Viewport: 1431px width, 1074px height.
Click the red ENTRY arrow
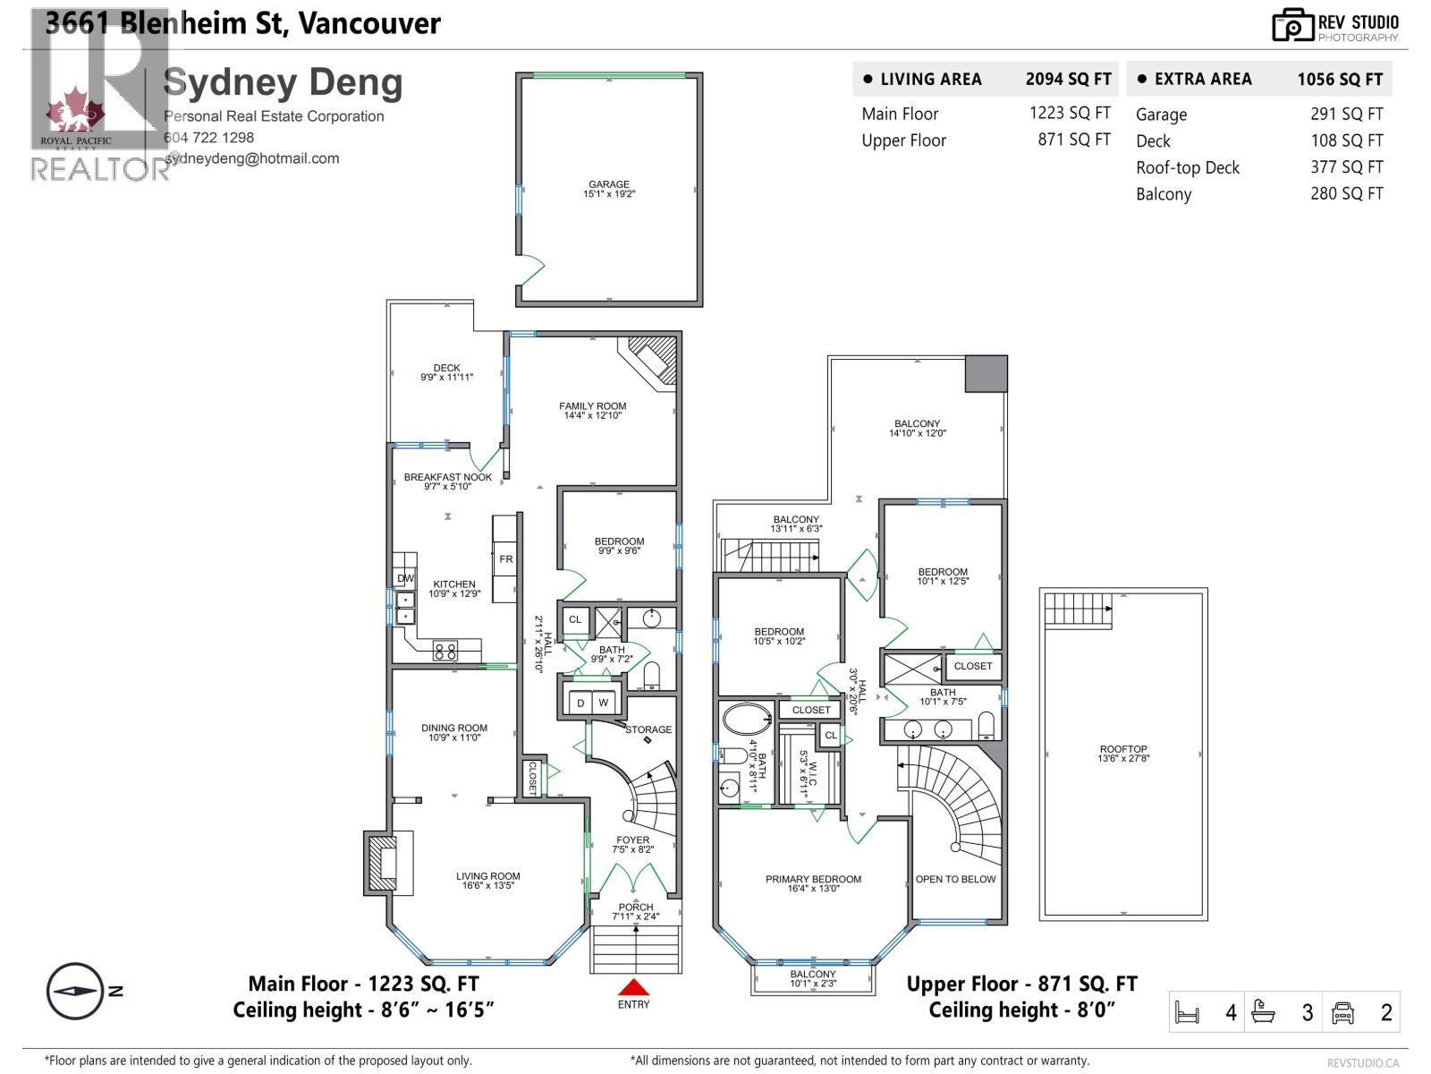[633, 987]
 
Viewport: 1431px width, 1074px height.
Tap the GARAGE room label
[609, 189]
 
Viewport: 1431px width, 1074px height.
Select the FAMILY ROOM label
[592, 410]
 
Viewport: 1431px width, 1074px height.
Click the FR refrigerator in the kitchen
[506, 559]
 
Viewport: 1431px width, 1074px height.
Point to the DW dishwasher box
[405, 578]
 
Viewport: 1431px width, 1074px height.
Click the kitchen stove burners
[445, 651]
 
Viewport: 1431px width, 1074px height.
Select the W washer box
[604, 703]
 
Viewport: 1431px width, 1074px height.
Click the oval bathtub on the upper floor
[746, 719]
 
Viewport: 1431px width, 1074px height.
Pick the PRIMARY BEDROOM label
[813, 883]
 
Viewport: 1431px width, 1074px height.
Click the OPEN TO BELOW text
[955, 879]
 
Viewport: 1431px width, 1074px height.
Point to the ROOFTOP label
[1123, 754]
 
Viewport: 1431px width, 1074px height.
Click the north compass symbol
[75, 992]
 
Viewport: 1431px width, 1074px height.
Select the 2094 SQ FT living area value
[1068, 79]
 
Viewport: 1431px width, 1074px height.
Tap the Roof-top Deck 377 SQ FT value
[1346, 167]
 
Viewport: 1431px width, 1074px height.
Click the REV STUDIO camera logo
[1292, 25]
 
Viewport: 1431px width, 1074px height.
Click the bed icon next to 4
[1187, 1013]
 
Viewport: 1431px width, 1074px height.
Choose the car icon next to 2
[1342, 1013]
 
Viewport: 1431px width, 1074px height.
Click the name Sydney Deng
[283, 82]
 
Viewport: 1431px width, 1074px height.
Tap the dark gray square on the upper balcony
[986, 373]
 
